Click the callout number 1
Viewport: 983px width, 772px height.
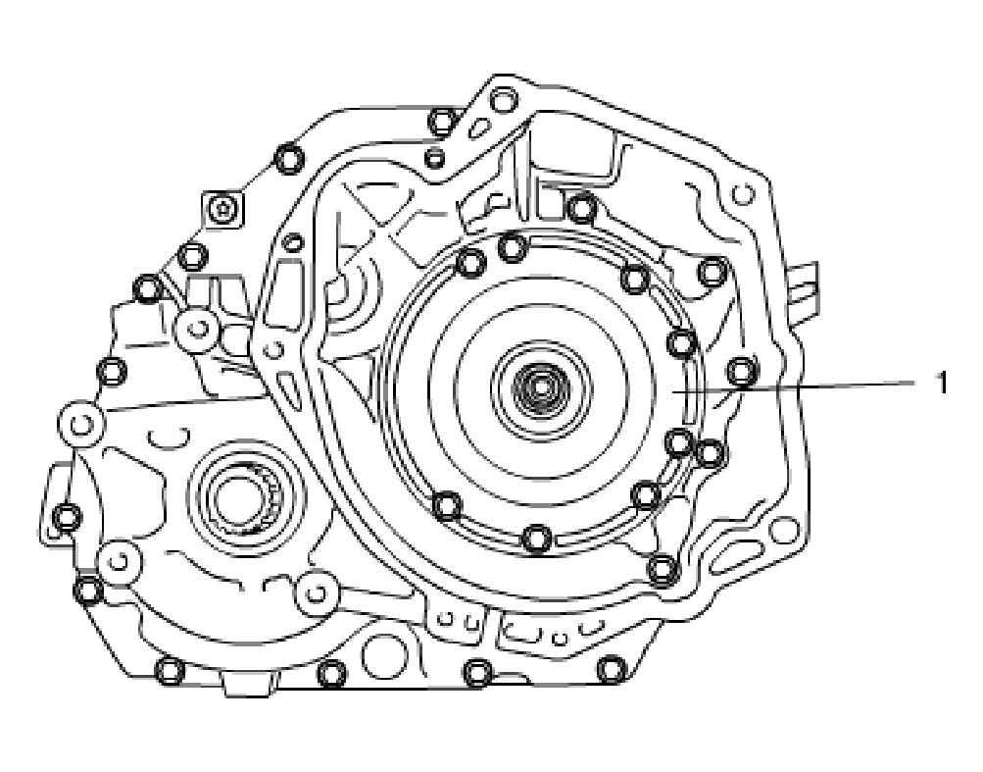click(941, 383)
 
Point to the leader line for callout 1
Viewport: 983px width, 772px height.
click(795, 386)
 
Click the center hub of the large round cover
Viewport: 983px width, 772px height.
click(540, 390)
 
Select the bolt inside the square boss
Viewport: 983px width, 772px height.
click(221, 209)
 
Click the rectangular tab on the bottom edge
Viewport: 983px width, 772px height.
click(248, 683)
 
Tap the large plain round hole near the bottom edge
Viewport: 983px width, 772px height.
click(385, 656)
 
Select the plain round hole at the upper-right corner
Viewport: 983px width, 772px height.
click(744, 194)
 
